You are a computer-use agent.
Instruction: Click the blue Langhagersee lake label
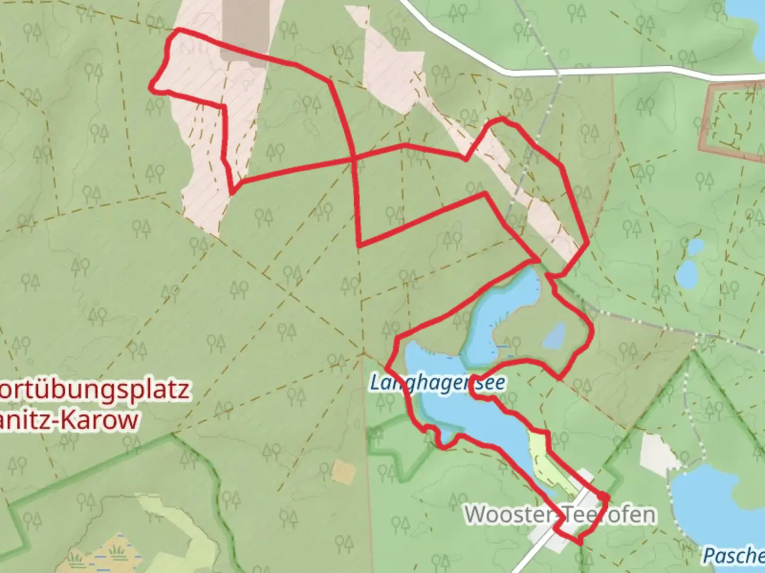click(x=437, y=383)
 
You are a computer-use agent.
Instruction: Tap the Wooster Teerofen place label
click(x=560, y=514)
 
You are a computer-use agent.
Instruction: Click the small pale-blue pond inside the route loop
click(x=555, y=336)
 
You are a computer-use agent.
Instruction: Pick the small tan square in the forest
click(x=343, y=472)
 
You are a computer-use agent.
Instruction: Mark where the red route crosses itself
click(x=354, y=159)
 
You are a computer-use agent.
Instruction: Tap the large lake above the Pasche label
click(x=712, y=504)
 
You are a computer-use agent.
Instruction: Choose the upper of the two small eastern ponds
click(x=695, y=247)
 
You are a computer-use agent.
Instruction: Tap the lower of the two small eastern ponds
click(x=687, y=273)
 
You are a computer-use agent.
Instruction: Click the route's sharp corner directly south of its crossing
click(x=360, y=246)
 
